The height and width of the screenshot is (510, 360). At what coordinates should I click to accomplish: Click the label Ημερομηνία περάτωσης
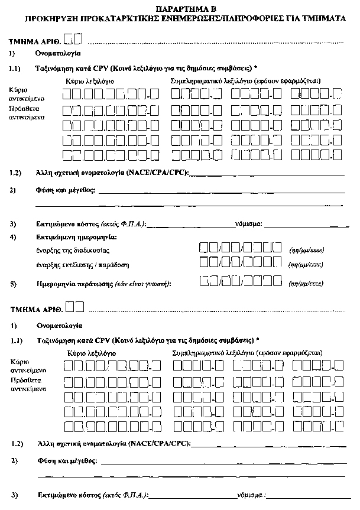74,284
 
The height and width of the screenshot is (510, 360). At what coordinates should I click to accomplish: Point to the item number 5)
14,284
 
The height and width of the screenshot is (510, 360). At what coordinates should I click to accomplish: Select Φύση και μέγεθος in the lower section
66,460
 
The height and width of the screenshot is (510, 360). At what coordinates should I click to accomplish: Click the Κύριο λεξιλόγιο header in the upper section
90,80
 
